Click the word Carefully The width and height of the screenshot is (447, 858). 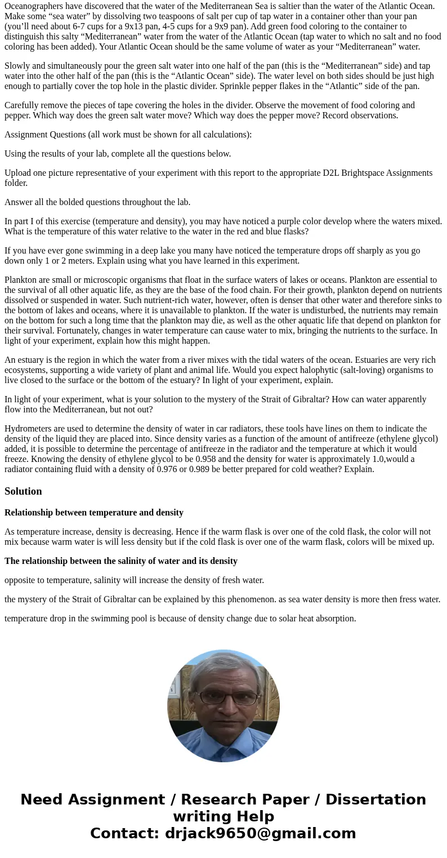[23, 105]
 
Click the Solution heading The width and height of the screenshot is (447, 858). [23, 491]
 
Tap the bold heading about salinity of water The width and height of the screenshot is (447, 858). [120, 561]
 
